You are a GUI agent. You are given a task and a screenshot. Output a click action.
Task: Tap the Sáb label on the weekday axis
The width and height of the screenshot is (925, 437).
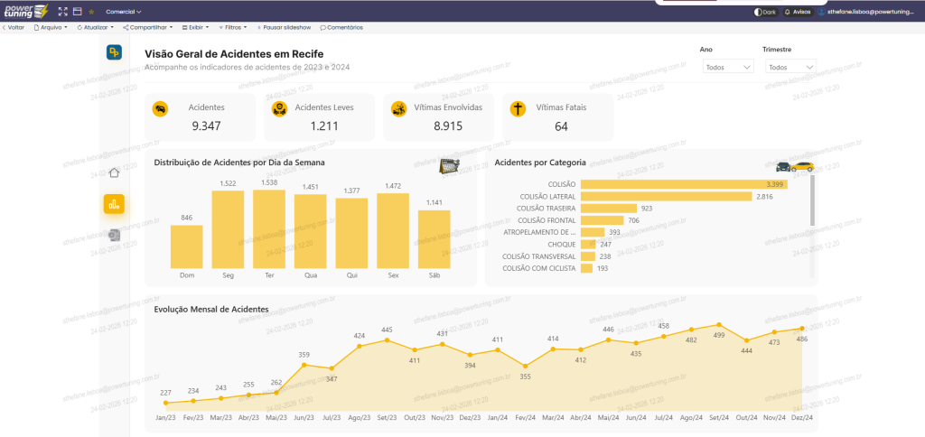[434, 274]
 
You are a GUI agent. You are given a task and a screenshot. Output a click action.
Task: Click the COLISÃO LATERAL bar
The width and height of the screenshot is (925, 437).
[666, 196]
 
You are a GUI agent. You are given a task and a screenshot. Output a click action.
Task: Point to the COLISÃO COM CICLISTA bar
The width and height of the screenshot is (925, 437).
[587, 268]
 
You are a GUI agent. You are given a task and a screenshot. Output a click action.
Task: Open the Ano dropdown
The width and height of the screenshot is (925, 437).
[728, 67]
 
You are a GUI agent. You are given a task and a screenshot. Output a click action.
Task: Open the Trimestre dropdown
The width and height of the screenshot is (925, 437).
[790, 67]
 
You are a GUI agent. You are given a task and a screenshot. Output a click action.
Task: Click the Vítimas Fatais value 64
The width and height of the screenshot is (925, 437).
[561, 126]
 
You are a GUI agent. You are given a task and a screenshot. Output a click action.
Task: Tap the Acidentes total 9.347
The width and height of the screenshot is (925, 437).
[207, 126]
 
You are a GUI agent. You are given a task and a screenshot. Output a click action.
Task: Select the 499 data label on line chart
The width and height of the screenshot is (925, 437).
[718, 335]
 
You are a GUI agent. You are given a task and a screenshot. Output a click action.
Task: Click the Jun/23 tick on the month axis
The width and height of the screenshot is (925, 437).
[304, 418]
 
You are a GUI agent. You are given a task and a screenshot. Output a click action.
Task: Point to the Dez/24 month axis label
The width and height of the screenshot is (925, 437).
[801, 418]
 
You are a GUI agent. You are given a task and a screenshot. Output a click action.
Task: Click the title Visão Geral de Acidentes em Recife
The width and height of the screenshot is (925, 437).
[234, 54]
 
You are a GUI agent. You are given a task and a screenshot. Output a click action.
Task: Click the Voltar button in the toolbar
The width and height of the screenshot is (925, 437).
[13, 27]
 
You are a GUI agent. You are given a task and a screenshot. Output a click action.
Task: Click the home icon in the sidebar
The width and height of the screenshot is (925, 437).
[114, 173]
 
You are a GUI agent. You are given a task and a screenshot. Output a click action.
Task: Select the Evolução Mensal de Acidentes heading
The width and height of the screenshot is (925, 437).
[210, 309]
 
